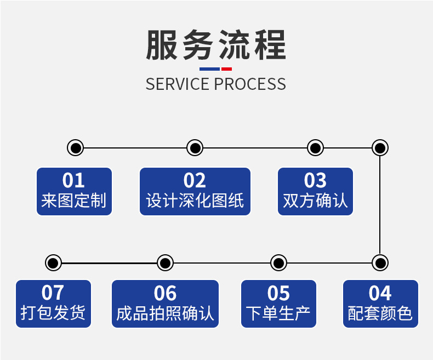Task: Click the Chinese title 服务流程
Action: point(216,45)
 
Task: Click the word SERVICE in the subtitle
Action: point(178,84)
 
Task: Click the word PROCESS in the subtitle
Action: point(249,84)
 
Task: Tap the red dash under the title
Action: point(226,69)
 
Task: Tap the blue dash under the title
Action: point(209,69)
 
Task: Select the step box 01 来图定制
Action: point(74,191)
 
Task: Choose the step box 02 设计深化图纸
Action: point(195,191)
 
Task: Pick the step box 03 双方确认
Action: point(315,191)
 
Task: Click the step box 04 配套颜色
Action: point(380,304)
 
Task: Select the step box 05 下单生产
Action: point(278,304)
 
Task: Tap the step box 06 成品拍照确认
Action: point(165,304)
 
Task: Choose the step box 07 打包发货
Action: point(53,304)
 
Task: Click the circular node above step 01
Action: point(75,147)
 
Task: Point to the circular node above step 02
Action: point(195,147)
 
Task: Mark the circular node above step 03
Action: point(315,147)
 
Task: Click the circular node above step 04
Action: point(380,262)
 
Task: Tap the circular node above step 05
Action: point(278,262)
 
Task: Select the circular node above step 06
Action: point(165,262)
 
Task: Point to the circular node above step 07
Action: point(53,262)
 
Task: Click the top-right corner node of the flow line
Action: point(380,147)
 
